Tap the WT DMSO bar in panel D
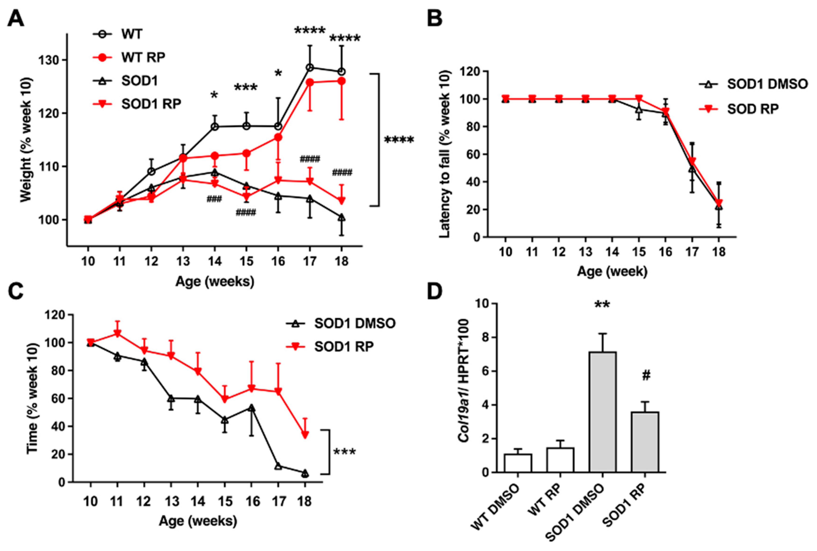coord(518,463)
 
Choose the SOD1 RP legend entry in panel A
coord(137,104)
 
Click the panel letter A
coord(16,18)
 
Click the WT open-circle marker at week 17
coord(310,67)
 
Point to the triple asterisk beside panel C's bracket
coord(344,451)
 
